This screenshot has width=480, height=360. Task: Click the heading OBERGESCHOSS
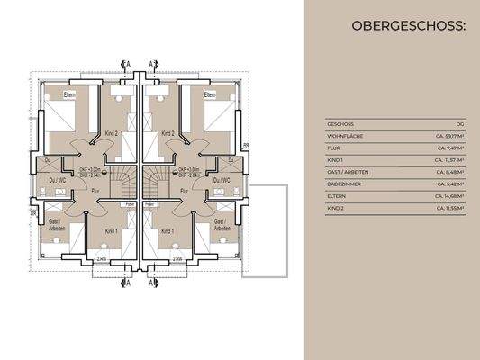pyautogui.click(x=410, y=27)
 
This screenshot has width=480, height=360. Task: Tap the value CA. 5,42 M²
pyautogui.click(x=450, y=184)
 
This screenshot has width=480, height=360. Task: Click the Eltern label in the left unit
pyautogui.click(x=70, y=94)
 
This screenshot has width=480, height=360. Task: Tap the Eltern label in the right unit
pyautogui.click(x=210, y=94)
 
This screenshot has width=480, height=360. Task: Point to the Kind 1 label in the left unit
pyautogui.click(x=110, y=232)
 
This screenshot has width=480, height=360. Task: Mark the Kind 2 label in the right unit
pyautogui.click(x=167, y=133)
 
